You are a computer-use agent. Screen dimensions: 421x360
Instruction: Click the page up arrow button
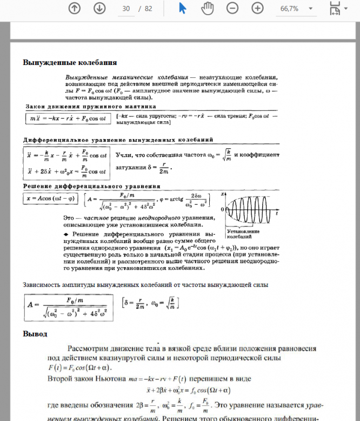75,8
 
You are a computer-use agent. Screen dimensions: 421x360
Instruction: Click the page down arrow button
99,8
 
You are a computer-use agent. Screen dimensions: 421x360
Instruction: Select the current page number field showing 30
126,9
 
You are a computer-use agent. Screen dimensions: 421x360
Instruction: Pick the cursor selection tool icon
183,8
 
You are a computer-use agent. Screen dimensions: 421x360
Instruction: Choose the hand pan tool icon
208,8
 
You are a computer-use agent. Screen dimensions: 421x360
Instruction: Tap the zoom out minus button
232,8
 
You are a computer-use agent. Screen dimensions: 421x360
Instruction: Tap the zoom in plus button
257,8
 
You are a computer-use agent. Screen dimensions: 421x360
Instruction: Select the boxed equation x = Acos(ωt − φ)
51,198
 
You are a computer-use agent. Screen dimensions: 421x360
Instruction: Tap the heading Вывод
35,333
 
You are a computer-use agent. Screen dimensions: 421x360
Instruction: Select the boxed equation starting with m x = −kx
67,117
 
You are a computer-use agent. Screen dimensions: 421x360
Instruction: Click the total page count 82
149,9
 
